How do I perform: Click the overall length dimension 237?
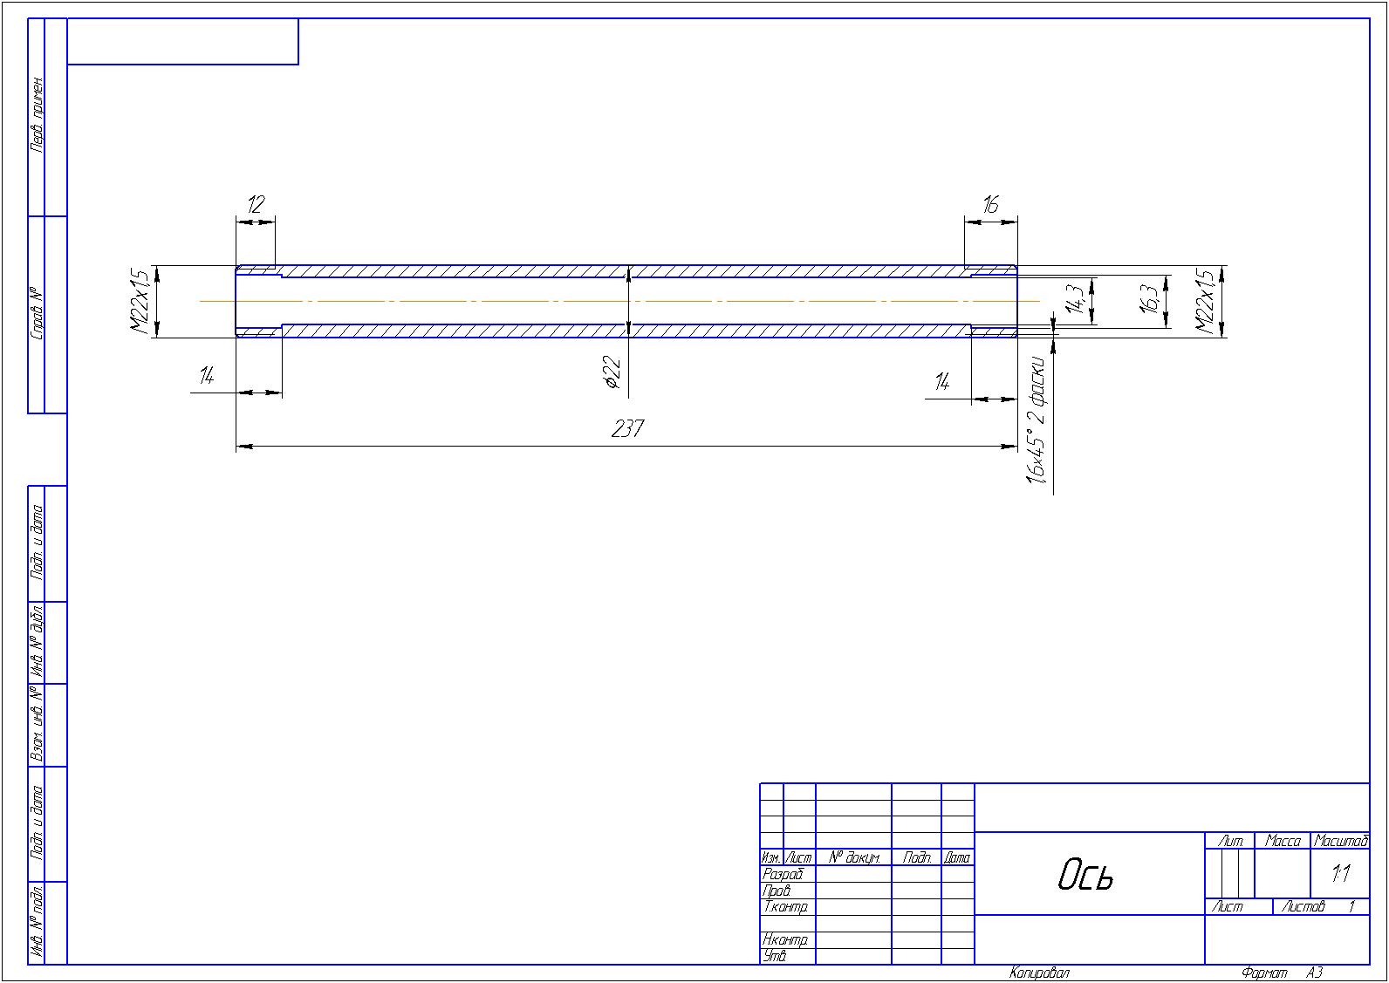pos(627,429)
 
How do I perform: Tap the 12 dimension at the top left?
pos(255,205)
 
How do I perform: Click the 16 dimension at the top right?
pos(989,205)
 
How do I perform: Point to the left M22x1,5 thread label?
pos(140,301)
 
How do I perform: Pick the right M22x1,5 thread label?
pos(1205,301)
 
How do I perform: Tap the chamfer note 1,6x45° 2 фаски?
pos(1037,417)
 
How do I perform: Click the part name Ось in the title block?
pos(1086,874)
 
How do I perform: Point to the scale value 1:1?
pos(1340,874)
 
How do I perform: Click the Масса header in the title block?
pos(1283,842)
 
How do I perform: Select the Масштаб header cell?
pos(1341,842)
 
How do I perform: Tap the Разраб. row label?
pos(783,874)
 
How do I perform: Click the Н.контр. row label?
pos(785,940)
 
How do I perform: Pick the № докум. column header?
pos(853,858)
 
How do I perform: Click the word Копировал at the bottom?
pos(1039,973)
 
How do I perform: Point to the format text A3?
pos(1315,973)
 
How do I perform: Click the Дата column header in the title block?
pos(957,858)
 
